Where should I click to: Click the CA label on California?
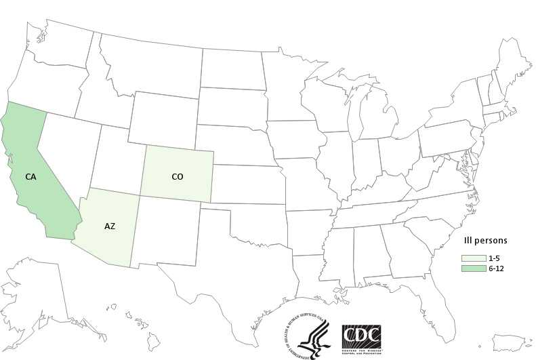point(30,177)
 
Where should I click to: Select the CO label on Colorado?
point(177,176)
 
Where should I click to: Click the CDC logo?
point(361,336)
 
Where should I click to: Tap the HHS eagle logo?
point(308,335)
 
